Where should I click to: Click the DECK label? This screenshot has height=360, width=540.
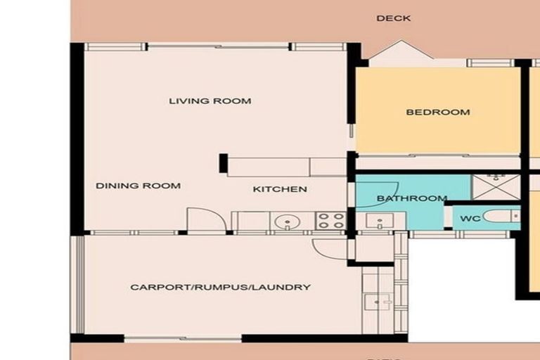click(393, 18)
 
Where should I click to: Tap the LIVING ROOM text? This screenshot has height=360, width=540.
click(210, 101)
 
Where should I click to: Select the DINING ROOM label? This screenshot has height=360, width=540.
click(138, 186)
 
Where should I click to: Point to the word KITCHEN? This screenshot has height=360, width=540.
click(280, 189)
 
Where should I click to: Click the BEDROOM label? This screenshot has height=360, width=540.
click(438, 112)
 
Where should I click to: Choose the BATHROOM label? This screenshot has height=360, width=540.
click(411, 198)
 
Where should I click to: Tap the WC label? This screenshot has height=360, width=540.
click(470, 219)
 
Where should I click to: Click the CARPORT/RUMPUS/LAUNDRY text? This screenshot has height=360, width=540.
click(220, 287)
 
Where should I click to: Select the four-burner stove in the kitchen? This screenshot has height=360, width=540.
click(330, 221)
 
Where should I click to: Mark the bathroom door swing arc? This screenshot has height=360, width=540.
click(386, 190)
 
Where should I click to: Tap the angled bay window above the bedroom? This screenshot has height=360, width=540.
click(398, 53)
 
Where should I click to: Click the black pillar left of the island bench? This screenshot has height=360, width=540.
click(223, 163)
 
